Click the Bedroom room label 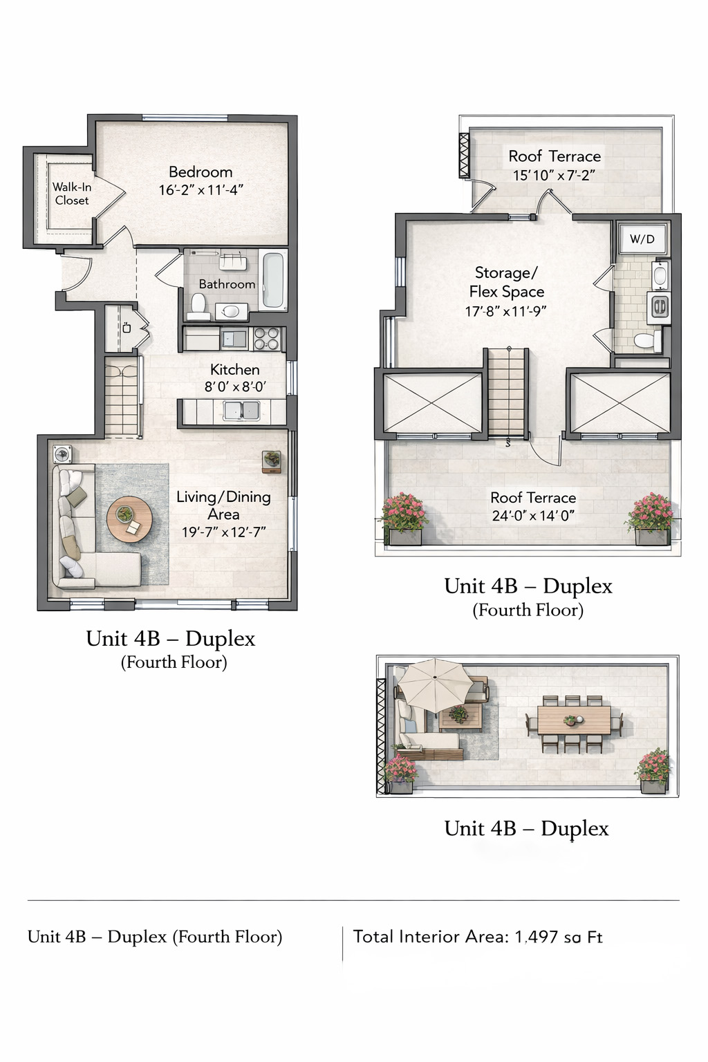click(201, 171)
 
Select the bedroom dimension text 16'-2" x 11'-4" click(201, 190)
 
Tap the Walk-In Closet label click(72, 194)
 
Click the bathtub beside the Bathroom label click(273, 281)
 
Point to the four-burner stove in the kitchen click(267, 339)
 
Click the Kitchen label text click(235, 370)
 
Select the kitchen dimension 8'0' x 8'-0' click(235, 387)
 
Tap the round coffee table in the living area click(129, 519)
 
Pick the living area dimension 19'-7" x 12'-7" click(223, 532)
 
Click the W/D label click(642, 239)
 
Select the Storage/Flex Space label click(506, 282)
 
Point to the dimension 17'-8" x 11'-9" click(505, 312)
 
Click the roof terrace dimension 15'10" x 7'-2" click(554, 176)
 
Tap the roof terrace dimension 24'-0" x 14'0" click(533, 516)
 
